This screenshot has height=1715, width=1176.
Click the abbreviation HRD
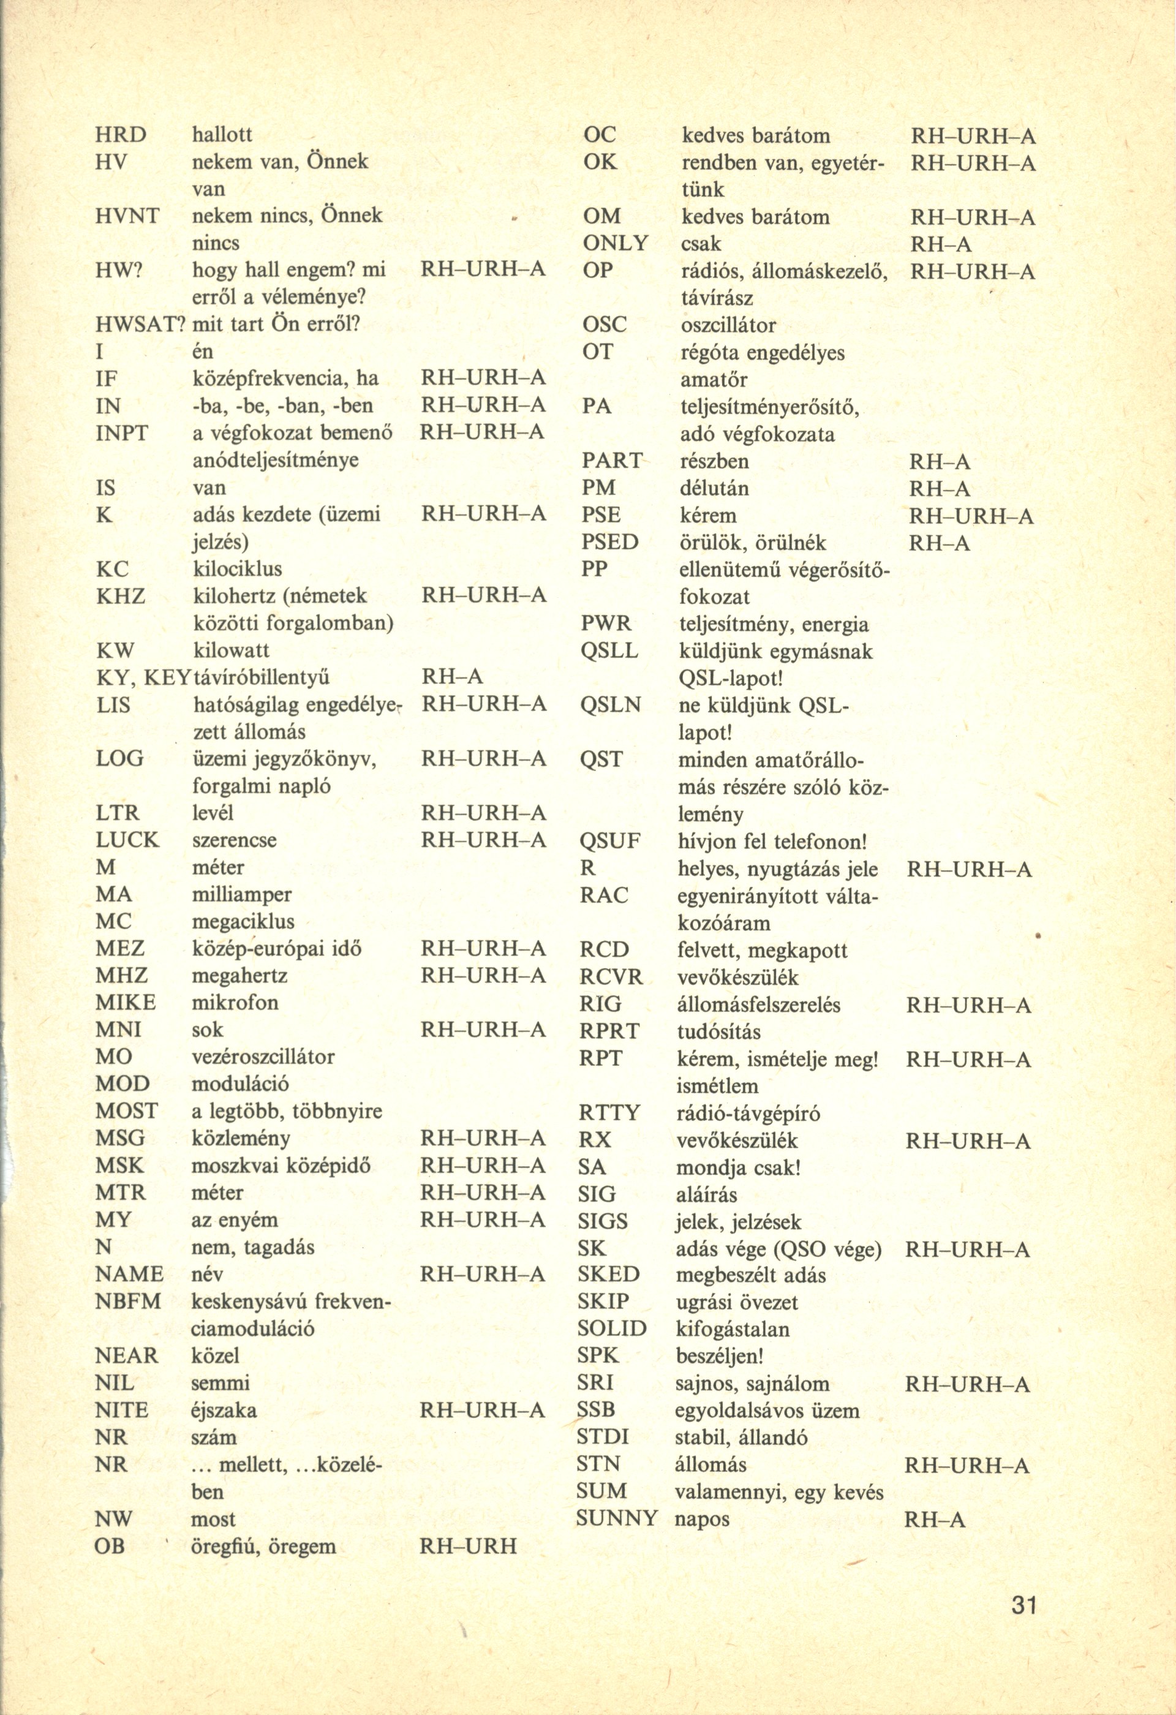point(122,134)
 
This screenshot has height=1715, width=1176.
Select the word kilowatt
point(231,650)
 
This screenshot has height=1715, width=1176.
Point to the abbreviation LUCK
point(127,840)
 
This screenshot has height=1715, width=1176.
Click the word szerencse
point(234,840)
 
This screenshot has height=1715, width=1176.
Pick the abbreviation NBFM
point(129,1301)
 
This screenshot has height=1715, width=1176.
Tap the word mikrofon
point(235,1002)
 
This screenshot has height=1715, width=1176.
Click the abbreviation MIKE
point(126,1002)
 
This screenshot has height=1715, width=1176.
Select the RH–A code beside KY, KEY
point(451,677)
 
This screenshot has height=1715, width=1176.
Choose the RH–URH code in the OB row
point(468,1546)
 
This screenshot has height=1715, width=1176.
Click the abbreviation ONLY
point(616,244)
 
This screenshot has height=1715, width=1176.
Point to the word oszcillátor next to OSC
point(728,325)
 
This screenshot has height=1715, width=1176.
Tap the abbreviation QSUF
point(610,841)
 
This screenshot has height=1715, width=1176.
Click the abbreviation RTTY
point(609,1112)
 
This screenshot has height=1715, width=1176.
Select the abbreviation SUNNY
point(617,1519)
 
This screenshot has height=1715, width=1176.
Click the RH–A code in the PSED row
point(939,543)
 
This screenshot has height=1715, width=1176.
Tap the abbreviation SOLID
point(612,1329)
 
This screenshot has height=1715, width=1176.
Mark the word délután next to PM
point(714,489)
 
